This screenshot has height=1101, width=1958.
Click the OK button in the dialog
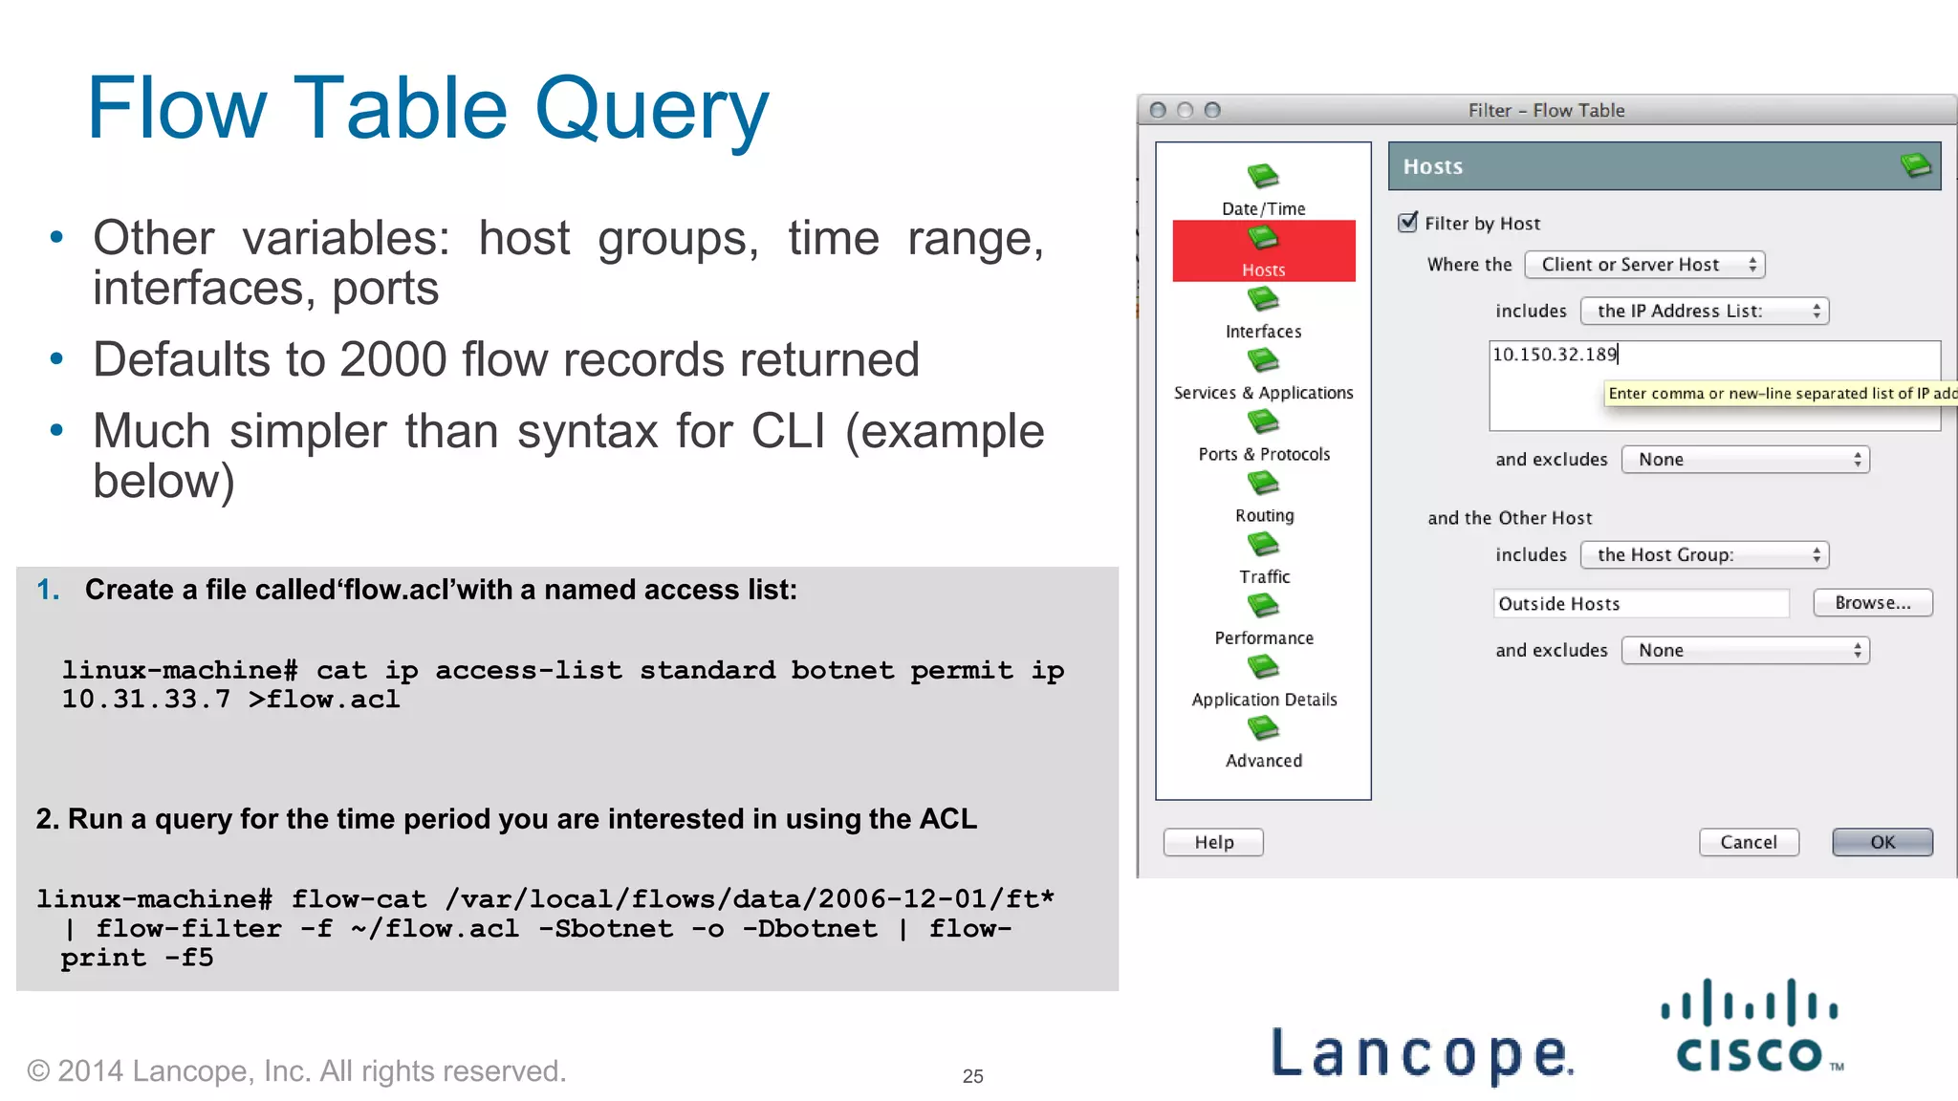(1882, 842)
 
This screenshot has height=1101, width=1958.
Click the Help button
(1213, 842)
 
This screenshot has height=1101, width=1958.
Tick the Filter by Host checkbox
(1407, 223)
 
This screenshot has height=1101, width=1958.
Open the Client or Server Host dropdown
(1644, 265)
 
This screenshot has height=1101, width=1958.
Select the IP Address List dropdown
(1704, 311)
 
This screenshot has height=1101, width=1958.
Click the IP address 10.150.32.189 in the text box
(1554, 355)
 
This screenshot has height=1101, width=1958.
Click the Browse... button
(1872, 603)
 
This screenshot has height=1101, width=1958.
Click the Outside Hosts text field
(1640, 604)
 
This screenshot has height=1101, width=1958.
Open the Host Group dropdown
(1704, 555)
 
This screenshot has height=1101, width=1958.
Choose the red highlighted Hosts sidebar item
(1263, 251)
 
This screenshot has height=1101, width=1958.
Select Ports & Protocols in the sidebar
(1264, 454)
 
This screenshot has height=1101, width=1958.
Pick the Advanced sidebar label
(1263, 761)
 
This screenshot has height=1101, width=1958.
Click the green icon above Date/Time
(1263, 176)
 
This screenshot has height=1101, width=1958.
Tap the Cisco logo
(1750, 1027)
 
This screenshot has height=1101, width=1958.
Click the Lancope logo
(1422, 1053)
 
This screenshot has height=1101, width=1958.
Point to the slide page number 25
(972, 1076)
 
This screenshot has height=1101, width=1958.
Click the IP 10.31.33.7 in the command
(145, 700)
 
